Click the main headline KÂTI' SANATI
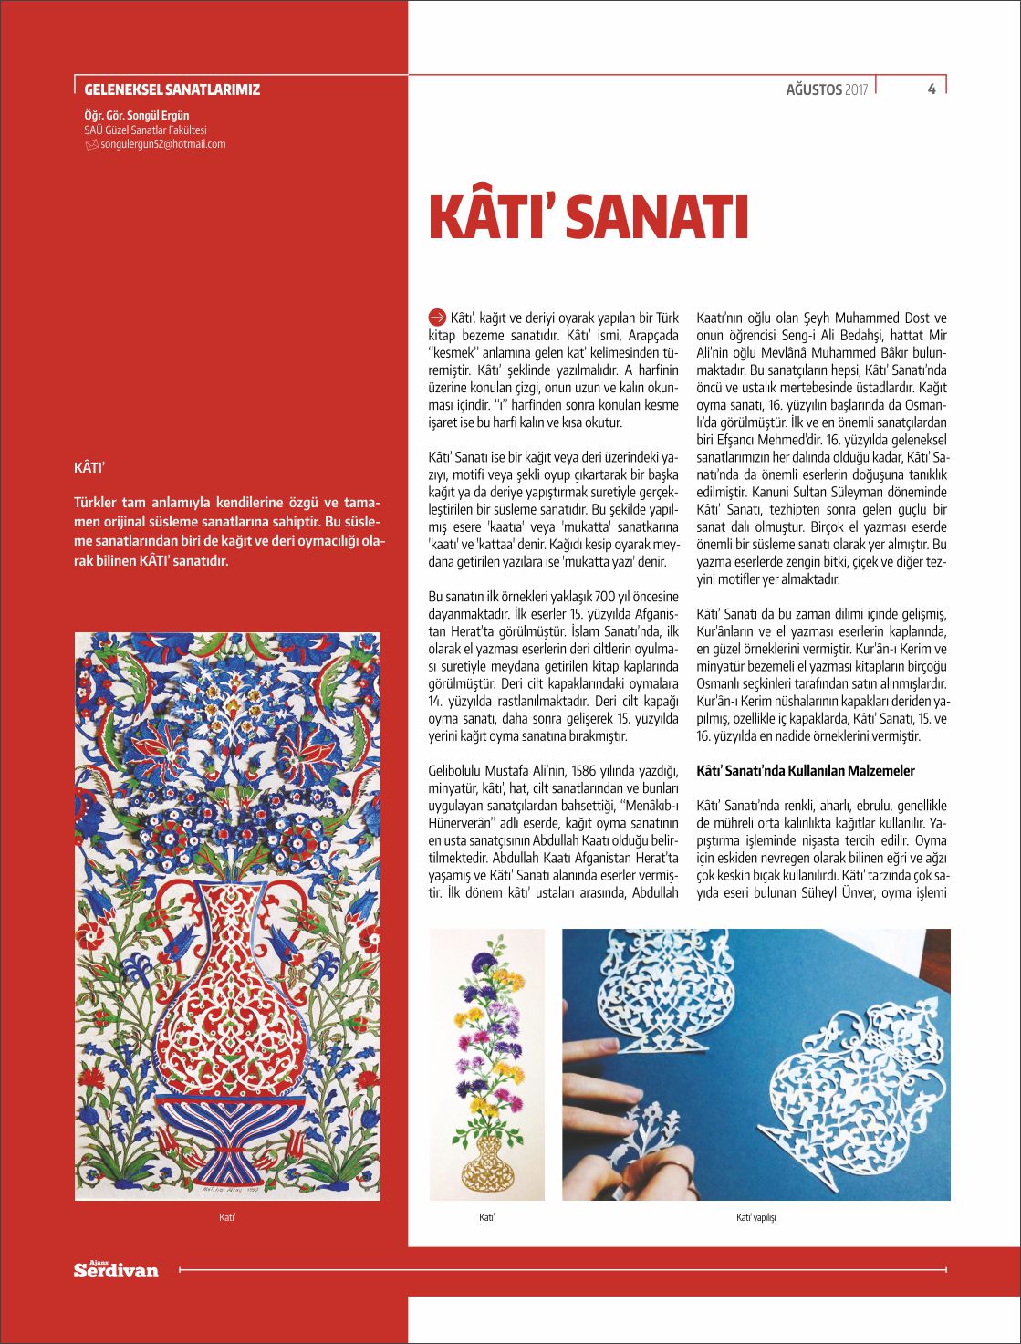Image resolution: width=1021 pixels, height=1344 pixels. [x=589, y=217]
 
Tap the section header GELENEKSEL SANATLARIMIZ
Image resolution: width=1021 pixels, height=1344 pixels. [x=172, y=89]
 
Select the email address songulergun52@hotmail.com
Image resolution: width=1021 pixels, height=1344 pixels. [x=162, y=144]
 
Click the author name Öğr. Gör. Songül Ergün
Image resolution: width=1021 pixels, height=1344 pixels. [x=137, y=116]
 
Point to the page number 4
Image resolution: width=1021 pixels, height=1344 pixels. [x=932, y=89]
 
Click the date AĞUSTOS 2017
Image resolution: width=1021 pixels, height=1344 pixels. [x=827, y=89]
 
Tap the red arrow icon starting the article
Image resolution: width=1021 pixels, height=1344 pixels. [x=437, y=318]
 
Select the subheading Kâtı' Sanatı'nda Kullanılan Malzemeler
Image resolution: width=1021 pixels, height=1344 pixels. [x=806, y=771]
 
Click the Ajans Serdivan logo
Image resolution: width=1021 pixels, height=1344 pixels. [x=116, y=1269]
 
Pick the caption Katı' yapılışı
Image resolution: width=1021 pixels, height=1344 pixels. [x=756, y=1217]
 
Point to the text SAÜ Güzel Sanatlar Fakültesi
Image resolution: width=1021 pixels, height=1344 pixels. [x=145, y=130]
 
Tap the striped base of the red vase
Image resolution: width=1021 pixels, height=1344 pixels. [x=227, y=1136]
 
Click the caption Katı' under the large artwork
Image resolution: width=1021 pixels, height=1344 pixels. [x=227, y=1217]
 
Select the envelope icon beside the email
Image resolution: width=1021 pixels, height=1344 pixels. [x=90, y=144]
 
